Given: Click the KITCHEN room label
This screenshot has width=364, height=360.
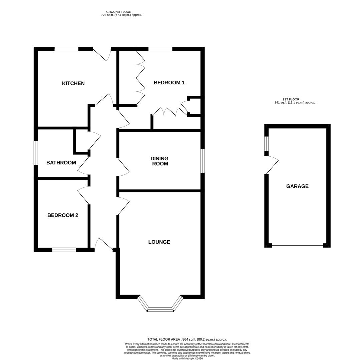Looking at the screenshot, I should point(73,83).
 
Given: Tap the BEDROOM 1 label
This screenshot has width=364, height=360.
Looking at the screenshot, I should point(169,83).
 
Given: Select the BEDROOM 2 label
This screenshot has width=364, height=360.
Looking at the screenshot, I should point(63,215).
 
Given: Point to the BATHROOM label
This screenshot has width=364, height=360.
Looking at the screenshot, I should point(61,163).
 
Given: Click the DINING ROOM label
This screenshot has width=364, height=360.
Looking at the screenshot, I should point(159,161).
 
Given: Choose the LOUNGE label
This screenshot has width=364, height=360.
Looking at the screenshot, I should point(159,242).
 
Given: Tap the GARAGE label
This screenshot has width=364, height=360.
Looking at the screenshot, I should point(297,186).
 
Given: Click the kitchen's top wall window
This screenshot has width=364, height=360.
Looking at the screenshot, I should point(66,49).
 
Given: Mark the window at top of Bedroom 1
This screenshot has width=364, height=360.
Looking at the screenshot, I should point(160,49).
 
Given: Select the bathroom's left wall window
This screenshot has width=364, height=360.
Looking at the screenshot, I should point(36,153).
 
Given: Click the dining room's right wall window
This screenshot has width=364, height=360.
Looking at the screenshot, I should point(203,161).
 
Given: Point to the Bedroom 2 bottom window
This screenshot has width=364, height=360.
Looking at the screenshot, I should point(64,250).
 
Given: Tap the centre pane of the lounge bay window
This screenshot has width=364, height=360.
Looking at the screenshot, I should point(160,310).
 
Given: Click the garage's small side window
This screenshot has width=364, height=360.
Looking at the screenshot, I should point(266,144).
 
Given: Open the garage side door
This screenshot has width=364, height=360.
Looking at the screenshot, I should point(272,165).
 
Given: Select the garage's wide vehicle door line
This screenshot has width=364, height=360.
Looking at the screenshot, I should point(297,246).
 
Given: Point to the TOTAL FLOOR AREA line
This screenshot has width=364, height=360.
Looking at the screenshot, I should point(187,339).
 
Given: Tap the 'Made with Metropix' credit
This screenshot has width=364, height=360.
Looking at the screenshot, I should point(187,358).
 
